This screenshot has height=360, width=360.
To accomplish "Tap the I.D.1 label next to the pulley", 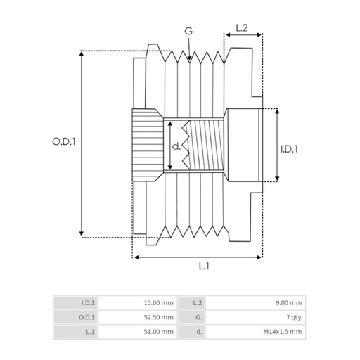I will [289, 149].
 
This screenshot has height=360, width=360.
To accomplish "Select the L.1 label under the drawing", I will [204, 266].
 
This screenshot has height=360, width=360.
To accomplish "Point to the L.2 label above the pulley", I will [241, 27].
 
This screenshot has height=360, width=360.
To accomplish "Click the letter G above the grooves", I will [188, 31].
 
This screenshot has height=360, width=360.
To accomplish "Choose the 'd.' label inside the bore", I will [176, 146].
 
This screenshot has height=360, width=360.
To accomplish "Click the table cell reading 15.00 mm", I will [160, 303].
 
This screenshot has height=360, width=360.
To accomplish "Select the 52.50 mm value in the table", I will [160, 317].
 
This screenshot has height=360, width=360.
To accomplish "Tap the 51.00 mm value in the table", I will [160, 331].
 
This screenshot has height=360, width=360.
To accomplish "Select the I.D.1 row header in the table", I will [87, 303].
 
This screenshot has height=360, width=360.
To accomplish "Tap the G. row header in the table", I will [199, 317].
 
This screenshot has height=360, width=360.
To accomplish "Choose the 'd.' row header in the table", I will [200, 331].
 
